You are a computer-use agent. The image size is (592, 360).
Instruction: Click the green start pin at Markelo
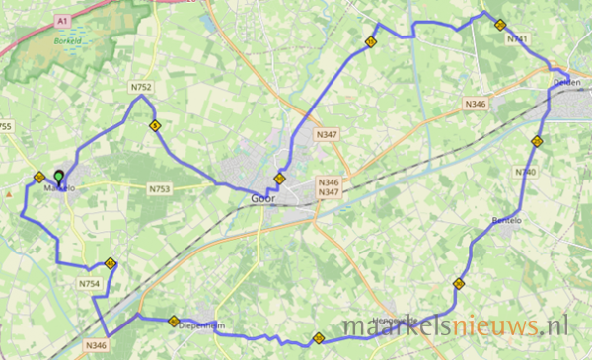point(59,178)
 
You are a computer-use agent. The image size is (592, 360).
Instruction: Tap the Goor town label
point(261,197)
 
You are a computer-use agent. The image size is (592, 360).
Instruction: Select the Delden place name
point(566,83)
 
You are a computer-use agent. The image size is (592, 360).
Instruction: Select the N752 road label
point(141,88)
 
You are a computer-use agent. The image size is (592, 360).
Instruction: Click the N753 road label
point(160,188)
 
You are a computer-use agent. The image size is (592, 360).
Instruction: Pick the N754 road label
point(89,283)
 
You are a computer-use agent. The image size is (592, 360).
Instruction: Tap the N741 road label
point(516,39)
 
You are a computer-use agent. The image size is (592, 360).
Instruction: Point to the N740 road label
point(526,173)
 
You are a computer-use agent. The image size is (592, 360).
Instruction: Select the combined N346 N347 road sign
point(329,187)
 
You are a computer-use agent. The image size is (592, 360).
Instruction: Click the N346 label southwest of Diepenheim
point(96,345)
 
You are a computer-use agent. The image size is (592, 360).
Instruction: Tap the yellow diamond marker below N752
point(155,125)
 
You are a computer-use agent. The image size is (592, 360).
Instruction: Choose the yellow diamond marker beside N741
point(500,25)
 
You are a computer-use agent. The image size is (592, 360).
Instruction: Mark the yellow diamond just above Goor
point(280,180)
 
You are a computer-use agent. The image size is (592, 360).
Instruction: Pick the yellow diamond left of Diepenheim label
point(174,321)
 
